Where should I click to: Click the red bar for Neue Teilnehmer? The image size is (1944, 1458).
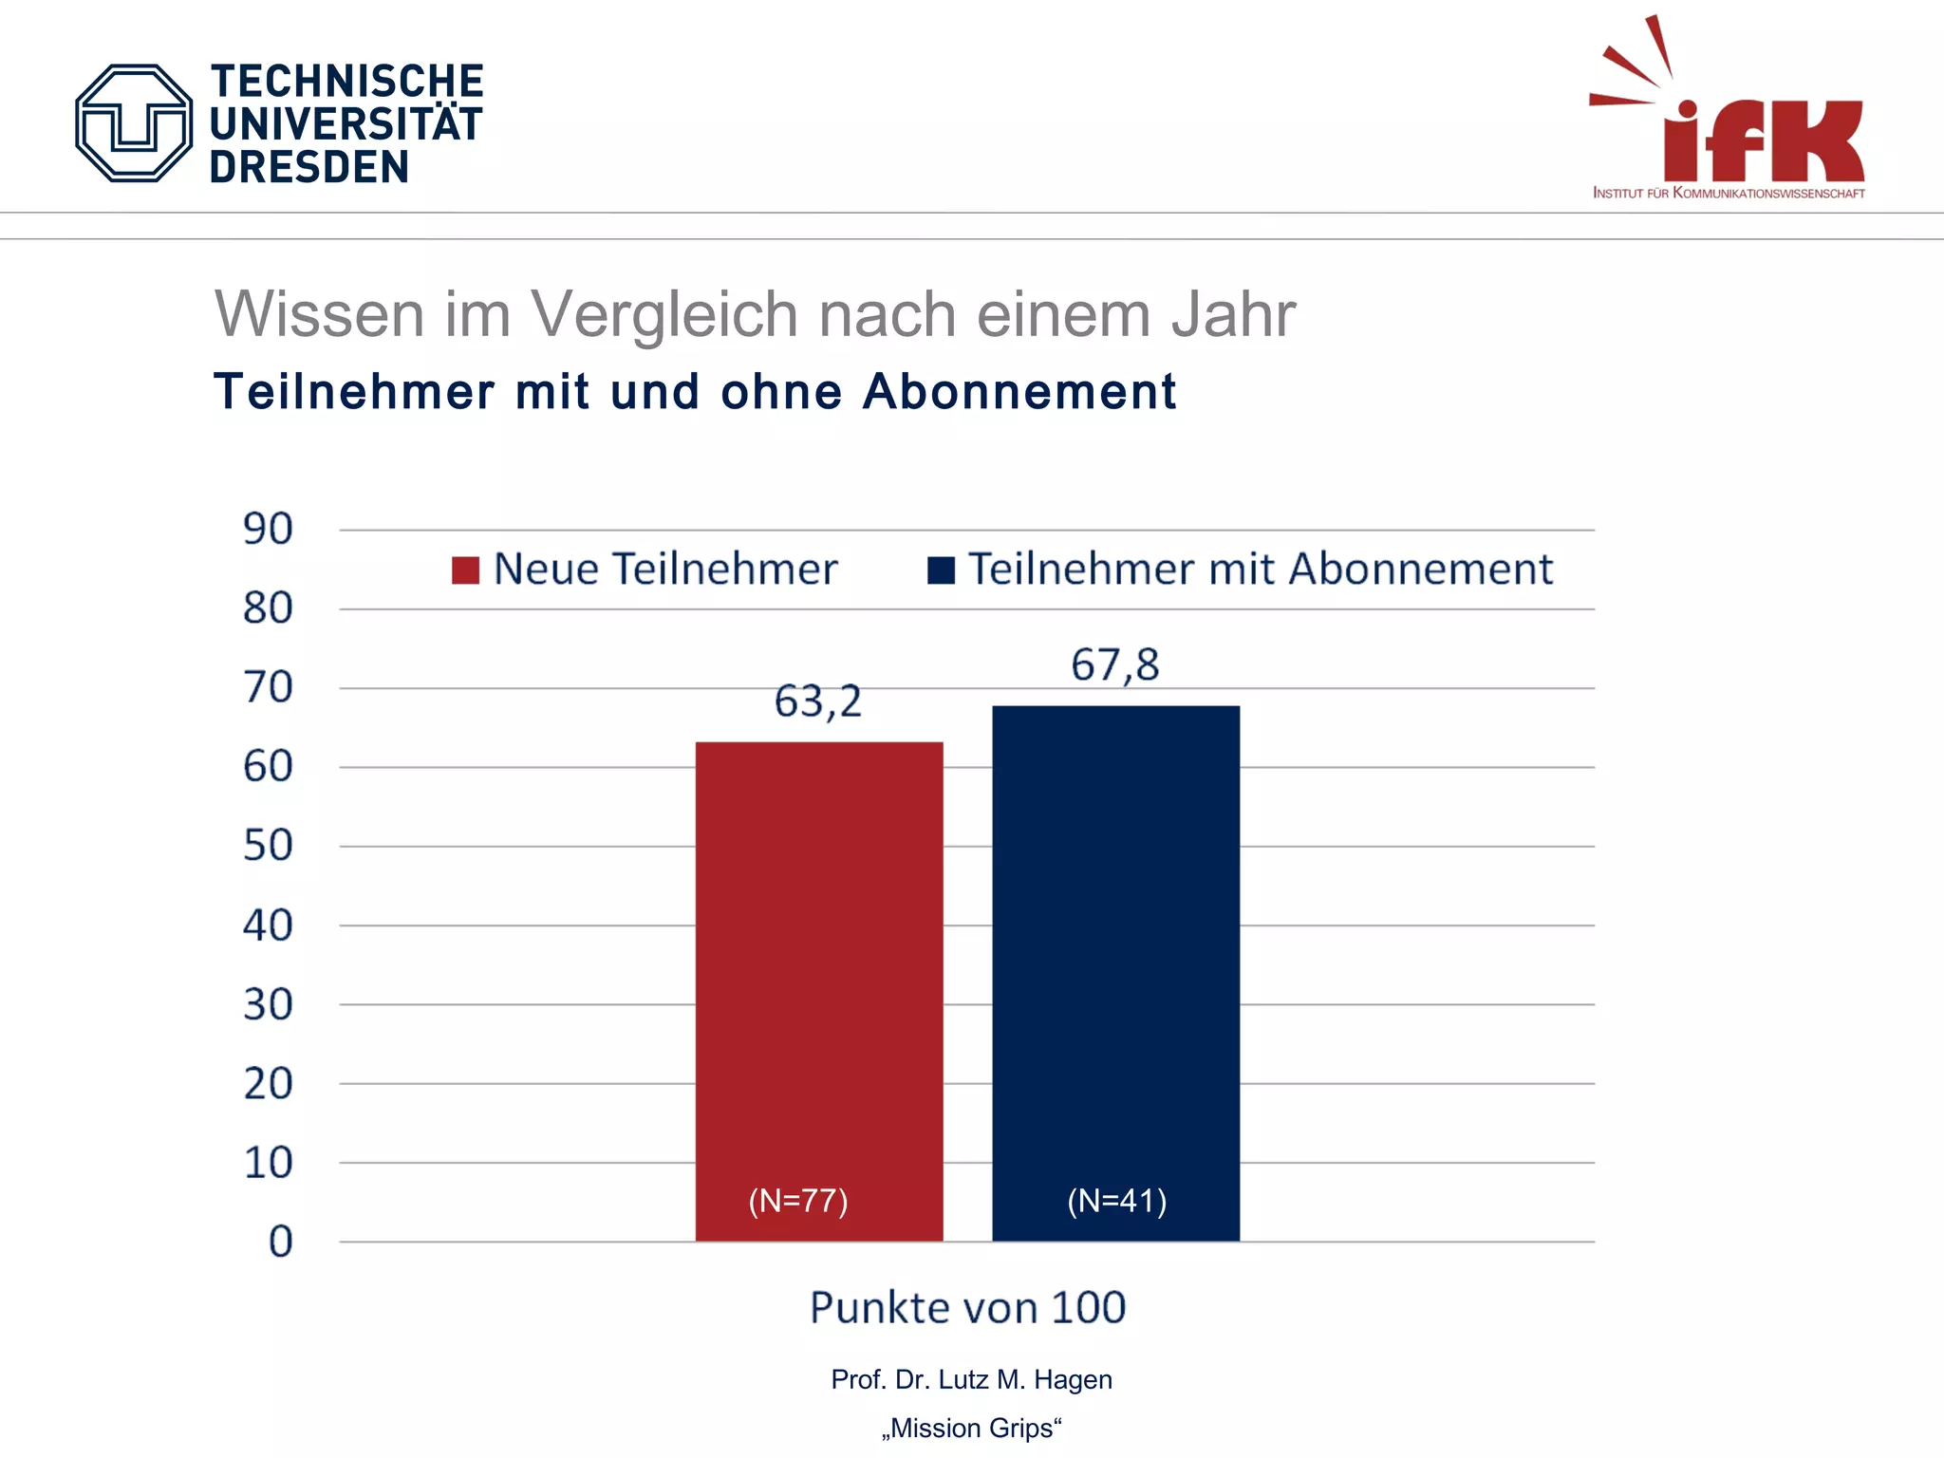tap(818, 968)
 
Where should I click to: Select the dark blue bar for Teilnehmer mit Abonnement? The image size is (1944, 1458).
tap(1115, 949)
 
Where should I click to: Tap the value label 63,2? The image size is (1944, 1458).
tap(817, 702)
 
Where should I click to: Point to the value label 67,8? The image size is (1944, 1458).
tap(1115, 665)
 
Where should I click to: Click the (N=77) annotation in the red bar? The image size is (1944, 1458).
tap(797, 1201)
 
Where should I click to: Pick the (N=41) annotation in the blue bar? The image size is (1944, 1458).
tap(1116, 1201)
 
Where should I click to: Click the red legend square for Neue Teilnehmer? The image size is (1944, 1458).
tap(465, 570)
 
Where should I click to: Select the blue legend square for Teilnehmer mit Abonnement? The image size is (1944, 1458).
tap(940, 570)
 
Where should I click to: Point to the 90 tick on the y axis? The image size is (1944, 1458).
tap(268, 530)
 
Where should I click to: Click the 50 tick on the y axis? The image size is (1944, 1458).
tap(268, 846)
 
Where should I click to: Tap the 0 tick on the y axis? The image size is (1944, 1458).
tap(280, 1242)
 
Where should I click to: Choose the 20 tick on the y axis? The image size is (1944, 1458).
tap(268, 1083)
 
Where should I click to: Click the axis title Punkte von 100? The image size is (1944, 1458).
tap(967, 1308)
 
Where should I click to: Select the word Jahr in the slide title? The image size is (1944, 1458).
tap(1233, 314)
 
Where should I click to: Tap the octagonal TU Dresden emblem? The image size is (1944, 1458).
tap(134, 123)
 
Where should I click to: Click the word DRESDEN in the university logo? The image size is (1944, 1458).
tap(309, 168)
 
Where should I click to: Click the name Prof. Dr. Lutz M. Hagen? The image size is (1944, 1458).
tap(971, 1379)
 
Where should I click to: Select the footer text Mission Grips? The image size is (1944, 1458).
tap(971, 1429)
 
